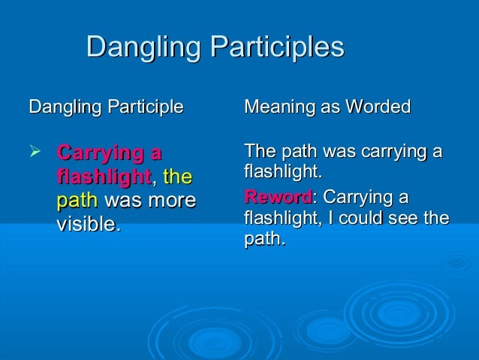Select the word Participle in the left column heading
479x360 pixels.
(x=147, y=107)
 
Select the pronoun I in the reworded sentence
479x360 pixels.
(x=327, y=219)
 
